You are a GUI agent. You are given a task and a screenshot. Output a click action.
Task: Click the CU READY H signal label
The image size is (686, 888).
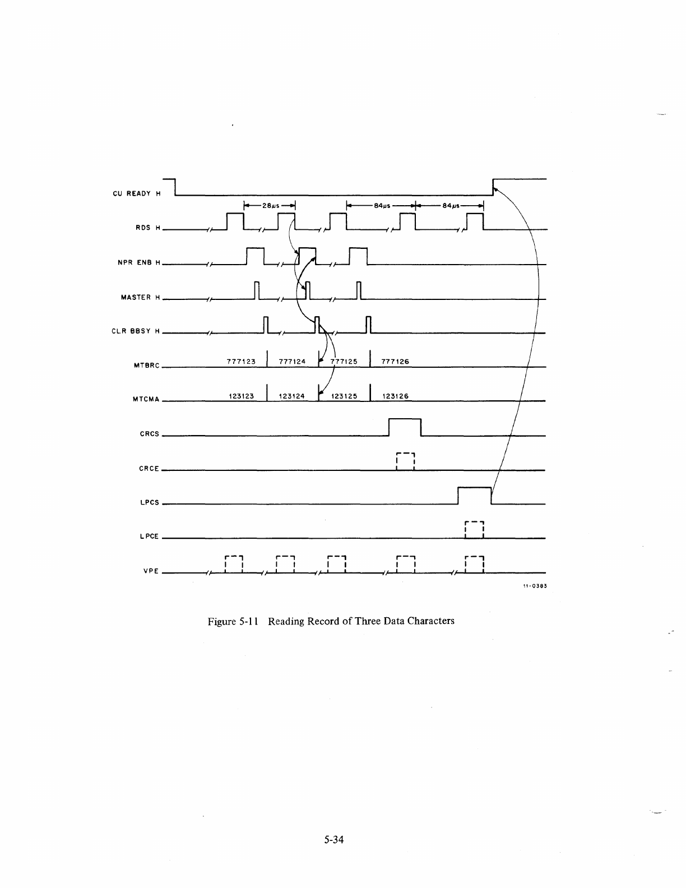click(x=137, y=194)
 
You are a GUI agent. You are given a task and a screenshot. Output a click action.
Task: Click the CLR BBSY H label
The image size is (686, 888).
click(x=136, y=331)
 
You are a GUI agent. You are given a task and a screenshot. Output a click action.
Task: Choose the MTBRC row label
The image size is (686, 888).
click(x=146, y=366)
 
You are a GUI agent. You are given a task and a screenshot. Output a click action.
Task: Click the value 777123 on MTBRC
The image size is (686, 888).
click(x=241, y=362)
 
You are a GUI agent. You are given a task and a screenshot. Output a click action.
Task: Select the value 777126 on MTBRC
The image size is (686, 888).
click(x=395, y=362)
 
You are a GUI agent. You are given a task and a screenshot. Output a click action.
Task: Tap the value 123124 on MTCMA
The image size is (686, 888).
click(x=291, y=396)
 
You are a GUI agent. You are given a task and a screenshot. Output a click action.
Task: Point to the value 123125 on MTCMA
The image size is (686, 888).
click(x=344, y=396)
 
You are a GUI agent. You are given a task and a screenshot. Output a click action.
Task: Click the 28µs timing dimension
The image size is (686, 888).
click(x=270, y=205)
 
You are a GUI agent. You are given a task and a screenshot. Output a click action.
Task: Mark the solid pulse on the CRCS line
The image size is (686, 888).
click(x=405, y=427)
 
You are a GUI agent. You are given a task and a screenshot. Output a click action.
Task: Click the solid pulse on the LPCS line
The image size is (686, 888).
click(x=474, y=496)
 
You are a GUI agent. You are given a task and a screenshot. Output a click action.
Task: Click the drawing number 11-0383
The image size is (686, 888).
click(x=534, y=586)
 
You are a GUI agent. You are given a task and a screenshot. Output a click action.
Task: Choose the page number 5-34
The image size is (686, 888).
click(x=333, y=839)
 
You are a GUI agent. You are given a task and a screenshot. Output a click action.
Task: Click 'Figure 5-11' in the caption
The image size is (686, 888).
click(x=232, y=621)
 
